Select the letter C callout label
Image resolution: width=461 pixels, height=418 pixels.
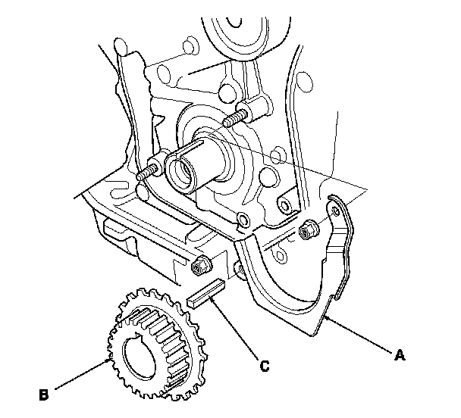[x=265, y=367]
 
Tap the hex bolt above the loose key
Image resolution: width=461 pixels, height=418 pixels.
[x=201, y=264]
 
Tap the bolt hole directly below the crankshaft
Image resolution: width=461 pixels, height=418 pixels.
[x=242, y=222]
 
